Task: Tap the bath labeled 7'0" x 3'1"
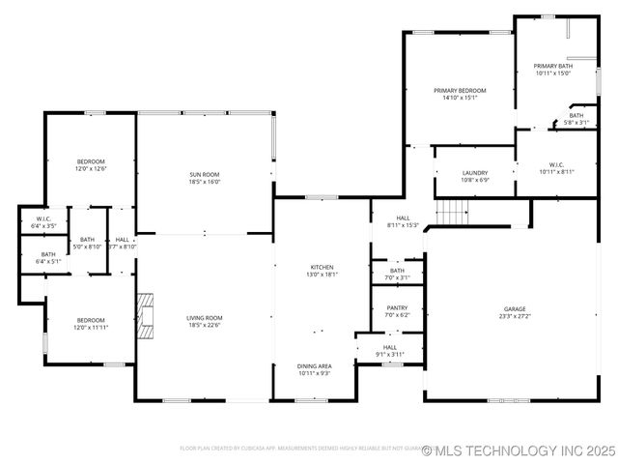point(397,274)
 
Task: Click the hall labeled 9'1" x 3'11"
point(390,350)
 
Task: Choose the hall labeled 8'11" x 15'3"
point(403,221)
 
